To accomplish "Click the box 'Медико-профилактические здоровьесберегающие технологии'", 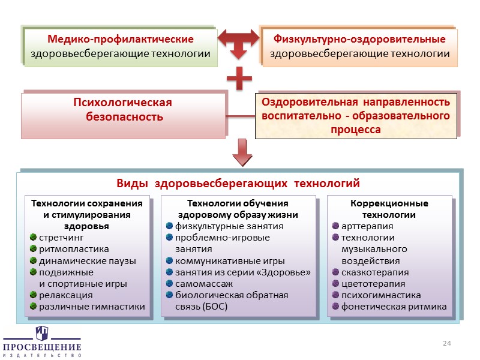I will (121, 47).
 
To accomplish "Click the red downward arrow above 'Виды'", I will (242, 152).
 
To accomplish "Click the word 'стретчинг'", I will (61, 238).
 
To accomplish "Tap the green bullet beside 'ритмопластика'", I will (34, 249).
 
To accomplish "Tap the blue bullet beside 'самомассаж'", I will (170, 284).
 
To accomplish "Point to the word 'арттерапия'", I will (367, 226).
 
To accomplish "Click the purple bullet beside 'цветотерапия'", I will (336, 284).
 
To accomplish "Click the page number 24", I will (446, 343).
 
